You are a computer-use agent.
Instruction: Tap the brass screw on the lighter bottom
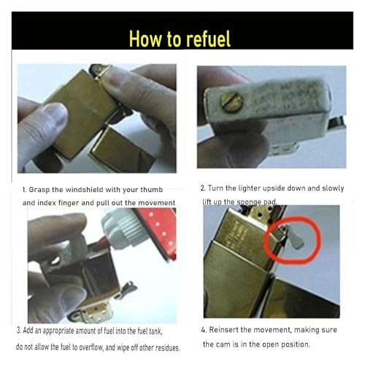(231, 102)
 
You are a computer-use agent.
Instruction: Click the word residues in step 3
(167, 347)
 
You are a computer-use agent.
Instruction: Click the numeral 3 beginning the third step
(18, 331)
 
